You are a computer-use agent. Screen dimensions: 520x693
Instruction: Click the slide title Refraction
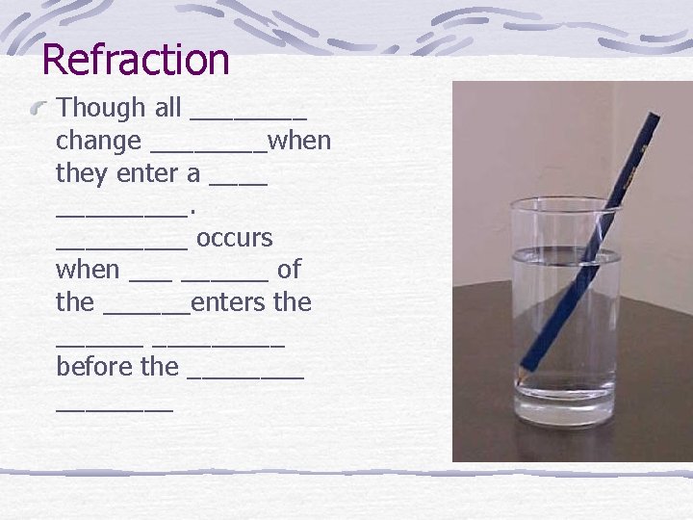(x=136, y=60)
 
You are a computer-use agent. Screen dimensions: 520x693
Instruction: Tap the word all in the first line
(x=168, y=109)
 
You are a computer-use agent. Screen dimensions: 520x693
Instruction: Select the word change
(x=98, y=142)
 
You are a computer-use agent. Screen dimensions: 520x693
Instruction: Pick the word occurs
(x=234, y=238)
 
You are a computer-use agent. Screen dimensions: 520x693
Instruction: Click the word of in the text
(x=289, y=270)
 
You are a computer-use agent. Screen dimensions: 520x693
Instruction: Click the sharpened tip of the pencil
(x=518, y=377)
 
